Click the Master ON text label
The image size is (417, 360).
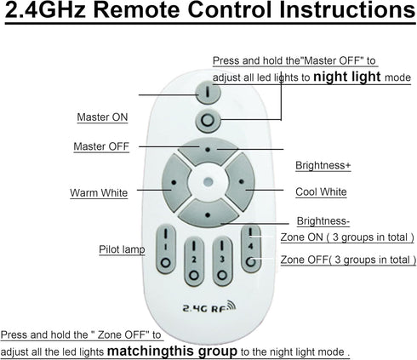[102, 117]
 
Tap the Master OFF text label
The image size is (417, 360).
[101, 146]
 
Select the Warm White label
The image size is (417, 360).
[99, 192]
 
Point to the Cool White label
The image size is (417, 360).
[321, 191]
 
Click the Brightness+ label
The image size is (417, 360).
[323, 165]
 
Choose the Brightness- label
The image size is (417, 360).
[323, 221]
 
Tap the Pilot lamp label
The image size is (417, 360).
[122, 249]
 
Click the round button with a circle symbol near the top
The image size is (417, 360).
[208, 121]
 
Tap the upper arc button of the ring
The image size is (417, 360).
[208, 151]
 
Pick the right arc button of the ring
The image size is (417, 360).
[242, 182]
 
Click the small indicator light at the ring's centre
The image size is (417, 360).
[208, 181]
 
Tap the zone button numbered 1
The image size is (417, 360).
[166, 249]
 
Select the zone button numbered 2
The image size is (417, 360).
[194, 261]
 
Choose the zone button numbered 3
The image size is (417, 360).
[222, 261]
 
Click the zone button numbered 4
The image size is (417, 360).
[251, 249]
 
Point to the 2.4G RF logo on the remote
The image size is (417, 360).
[209, 306]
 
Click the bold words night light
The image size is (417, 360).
[347, 77]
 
